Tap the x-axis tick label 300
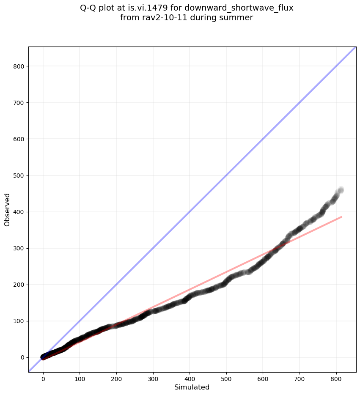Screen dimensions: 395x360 coord(153,376)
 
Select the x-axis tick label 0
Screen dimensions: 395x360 coord(43,376)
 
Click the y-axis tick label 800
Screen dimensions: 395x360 coord(18,66)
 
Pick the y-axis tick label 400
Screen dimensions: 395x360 coord(18,212)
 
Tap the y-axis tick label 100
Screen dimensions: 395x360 coord(18,321)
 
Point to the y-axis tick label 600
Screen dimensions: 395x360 coord(18,139)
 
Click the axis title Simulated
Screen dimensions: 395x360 coord(192,387)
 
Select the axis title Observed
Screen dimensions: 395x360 coord(8,209)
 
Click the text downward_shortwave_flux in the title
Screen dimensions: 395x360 coord(239,8)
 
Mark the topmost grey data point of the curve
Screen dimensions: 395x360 coord(341,189)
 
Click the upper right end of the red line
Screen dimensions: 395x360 coord(341,217)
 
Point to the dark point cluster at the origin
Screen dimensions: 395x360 coord(44,357)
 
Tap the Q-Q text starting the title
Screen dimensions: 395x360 coord(90,8)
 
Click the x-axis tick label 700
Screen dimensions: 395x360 coord(300,376)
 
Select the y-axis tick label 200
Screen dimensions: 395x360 coord(18,285)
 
